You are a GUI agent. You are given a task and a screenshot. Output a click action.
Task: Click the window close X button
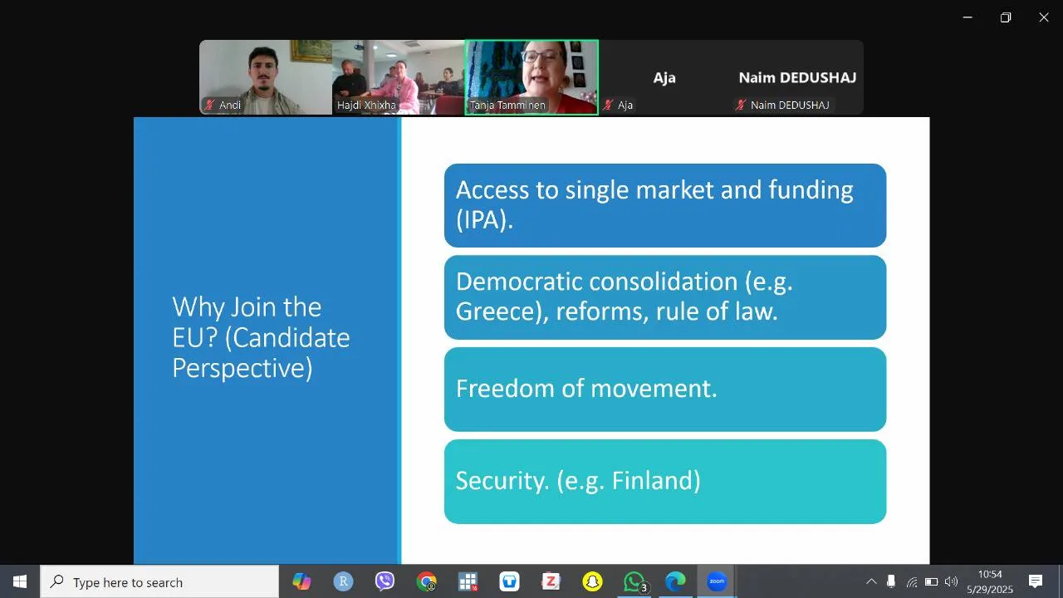[1044, 17]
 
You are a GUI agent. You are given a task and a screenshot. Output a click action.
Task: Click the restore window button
[1006, 17]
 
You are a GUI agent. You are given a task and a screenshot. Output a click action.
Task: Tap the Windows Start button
[20, 581]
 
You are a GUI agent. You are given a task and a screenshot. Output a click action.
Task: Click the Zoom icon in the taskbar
[717, 581]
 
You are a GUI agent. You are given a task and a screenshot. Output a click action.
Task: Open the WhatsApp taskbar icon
[634, 581]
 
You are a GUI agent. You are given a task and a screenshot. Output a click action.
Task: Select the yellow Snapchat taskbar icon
[592, 581]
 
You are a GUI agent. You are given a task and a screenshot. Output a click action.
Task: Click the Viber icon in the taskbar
[385, 581]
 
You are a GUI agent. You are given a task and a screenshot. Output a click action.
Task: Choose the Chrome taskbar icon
[426, 581]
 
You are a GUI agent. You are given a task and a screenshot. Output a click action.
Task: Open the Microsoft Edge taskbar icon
[675, 581]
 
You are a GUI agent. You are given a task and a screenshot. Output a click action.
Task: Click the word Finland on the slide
[656, 480]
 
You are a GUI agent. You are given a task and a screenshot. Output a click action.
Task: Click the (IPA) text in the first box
[484, 220]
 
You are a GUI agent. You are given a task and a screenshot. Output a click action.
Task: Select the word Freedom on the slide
[505, 388]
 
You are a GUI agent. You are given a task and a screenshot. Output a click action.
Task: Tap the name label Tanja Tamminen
[507, 105]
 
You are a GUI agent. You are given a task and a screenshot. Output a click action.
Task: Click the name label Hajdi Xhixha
[366, 105]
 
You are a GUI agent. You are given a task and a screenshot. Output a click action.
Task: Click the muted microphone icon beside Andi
[209, 105]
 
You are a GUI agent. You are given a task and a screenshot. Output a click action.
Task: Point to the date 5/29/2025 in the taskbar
[989, 589]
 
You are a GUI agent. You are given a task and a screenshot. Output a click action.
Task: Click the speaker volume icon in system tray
[951, 581]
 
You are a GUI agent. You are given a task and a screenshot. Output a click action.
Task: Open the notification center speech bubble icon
[1035, 581]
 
